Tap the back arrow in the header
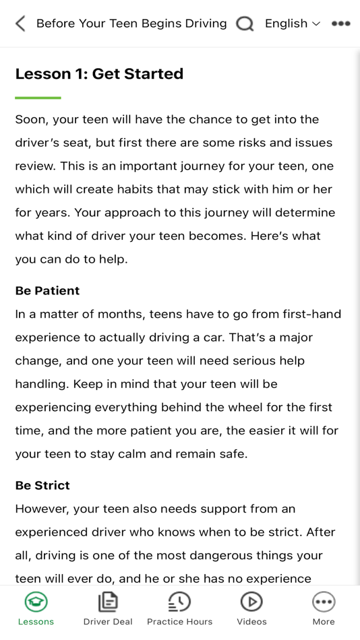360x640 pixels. click(x=20, y=24)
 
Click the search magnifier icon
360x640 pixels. click(x=245, y=24)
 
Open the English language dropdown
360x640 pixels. click(x=292, y=24)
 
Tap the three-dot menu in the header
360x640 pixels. click(x=340, y=24)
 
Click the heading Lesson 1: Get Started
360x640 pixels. click(x=99, y=73)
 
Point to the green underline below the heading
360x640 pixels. click(x=38, y=98)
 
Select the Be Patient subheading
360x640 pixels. click(x=47, y=290)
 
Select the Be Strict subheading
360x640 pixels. click(x=42, y=485)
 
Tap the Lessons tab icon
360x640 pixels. click(x=36, y=602)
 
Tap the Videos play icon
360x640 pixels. click(x=251, y=602)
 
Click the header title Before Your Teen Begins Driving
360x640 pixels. click(x=131, y=24)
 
